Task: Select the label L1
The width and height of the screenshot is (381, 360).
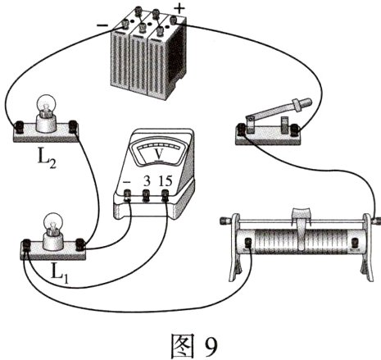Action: [x=59, y=270]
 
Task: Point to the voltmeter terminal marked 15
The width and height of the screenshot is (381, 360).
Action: [x=166, y=194]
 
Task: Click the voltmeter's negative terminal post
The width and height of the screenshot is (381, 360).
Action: [x=129, y=195]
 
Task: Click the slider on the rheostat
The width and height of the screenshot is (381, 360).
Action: [x=302, y=219]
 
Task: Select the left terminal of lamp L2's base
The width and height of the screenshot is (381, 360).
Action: [x=18, y=126]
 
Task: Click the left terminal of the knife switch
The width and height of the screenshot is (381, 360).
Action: [x=243, y=128]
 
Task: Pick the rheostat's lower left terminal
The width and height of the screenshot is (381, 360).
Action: [x=246, y=244]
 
